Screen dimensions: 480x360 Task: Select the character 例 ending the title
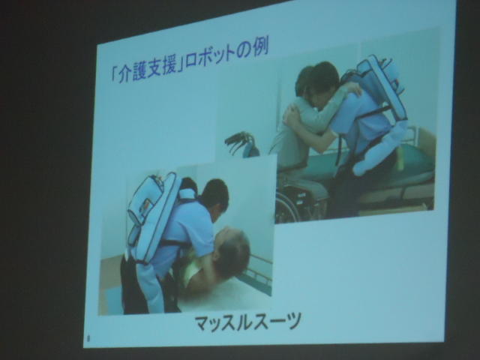260,49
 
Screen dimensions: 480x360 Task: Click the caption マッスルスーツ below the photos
247,322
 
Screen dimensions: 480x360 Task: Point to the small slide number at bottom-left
88,339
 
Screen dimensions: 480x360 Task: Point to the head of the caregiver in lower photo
214,195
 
